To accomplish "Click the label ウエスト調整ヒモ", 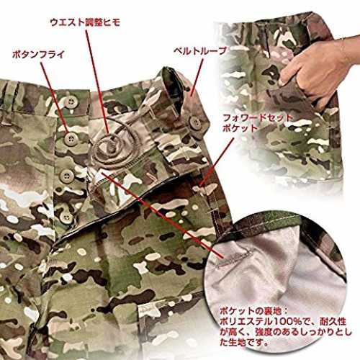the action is (85, 22).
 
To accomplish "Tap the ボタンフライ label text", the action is (38, 55).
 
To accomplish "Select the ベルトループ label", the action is (200, 51).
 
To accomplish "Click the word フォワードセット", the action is (258, 118).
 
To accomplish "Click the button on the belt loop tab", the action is (195, 123).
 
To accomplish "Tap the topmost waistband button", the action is (71, 102).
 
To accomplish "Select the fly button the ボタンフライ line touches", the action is (71, 139).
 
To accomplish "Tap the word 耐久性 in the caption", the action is (333, 322).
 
